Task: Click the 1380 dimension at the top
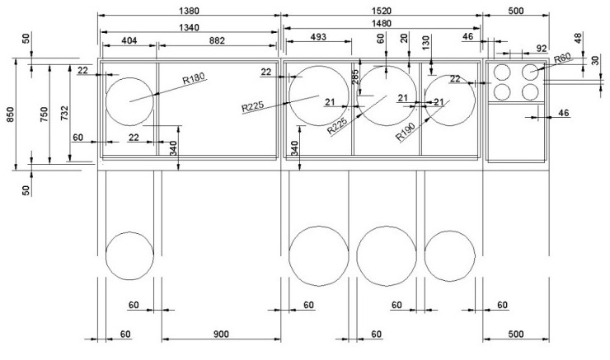tap(189, 11)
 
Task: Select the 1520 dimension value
tap(381, 11)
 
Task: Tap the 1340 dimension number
tap(189, 28)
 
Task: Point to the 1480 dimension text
tap(381, 23)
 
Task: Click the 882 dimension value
tap(217, 40)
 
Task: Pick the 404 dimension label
tap(129, 40)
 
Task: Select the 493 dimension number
tap(318, 37)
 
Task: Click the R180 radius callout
tap(194, 78)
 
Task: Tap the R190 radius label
tap(406, 132)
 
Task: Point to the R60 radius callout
tap(562, 58)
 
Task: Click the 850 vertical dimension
tap(10, 115)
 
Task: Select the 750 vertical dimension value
tap(44, 115)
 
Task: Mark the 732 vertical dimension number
tap(64, 113)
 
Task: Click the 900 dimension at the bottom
tap(221, 334)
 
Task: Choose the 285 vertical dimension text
tap(355, 77)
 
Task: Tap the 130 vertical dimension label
tap(426, 43)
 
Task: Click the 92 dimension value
tap(542, 49)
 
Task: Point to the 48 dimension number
tap(578, 38)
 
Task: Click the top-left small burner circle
tap(502, 72)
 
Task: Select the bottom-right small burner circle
tap(530, 91)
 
